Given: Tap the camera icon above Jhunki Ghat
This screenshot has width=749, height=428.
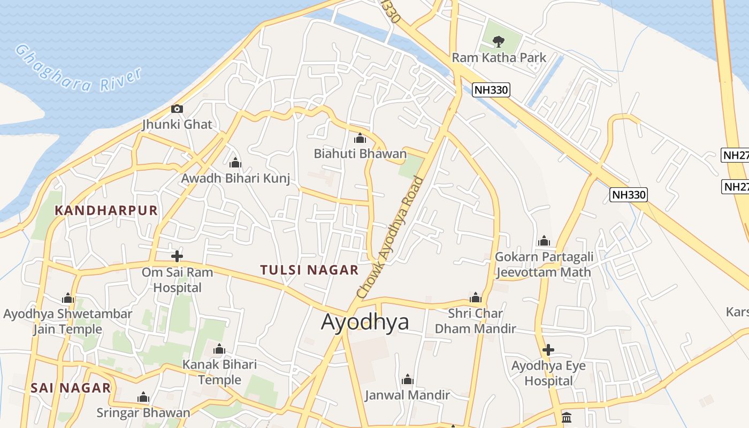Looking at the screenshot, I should [x=177, y=109].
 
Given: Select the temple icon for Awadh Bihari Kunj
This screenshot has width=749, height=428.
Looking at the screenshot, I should [x=235, y=163].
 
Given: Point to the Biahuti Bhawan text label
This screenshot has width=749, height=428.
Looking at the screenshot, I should [x=360, y=154].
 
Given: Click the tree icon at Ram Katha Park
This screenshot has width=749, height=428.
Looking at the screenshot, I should [x=499, y=41].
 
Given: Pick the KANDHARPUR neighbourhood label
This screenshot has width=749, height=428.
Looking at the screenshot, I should [x=106, y=210].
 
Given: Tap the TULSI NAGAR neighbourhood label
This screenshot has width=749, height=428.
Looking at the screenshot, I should [x=309, y=270].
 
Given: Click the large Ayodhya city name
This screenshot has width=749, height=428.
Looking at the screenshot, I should [x=365, y=322].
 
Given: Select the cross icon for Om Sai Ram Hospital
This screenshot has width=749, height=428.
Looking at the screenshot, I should [x=177, y=256].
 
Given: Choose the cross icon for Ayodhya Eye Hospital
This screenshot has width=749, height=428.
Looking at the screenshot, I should [x=548, y=350].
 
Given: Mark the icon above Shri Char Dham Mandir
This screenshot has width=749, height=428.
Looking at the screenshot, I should [x=475, y=298].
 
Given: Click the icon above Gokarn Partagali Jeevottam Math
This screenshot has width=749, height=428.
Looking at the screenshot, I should [x=544, y=241].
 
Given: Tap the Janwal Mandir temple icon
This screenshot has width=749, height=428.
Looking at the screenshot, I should [x=408, y=380].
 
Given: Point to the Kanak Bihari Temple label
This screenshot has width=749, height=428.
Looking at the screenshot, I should [x=220, y=372].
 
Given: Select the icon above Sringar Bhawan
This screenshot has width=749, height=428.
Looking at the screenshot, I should [x=143, y=398].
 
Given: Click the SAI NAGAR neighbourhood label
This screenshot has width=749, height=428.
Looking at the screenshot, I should [x=71, y=388].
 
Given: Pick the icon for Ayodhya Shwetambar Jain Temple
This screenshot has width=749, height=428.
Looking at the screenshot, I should [x=68, y=298].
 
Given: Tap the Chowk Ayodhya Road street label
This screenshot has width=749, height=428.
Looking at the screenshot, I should [x=389, y=237].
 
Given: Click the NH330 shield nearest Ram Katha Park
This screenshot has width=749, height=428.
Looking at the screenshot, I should [x=491, y=90].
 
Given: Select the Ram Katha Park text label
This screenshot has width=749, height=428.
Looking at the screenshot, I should [x=499, y=58].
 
